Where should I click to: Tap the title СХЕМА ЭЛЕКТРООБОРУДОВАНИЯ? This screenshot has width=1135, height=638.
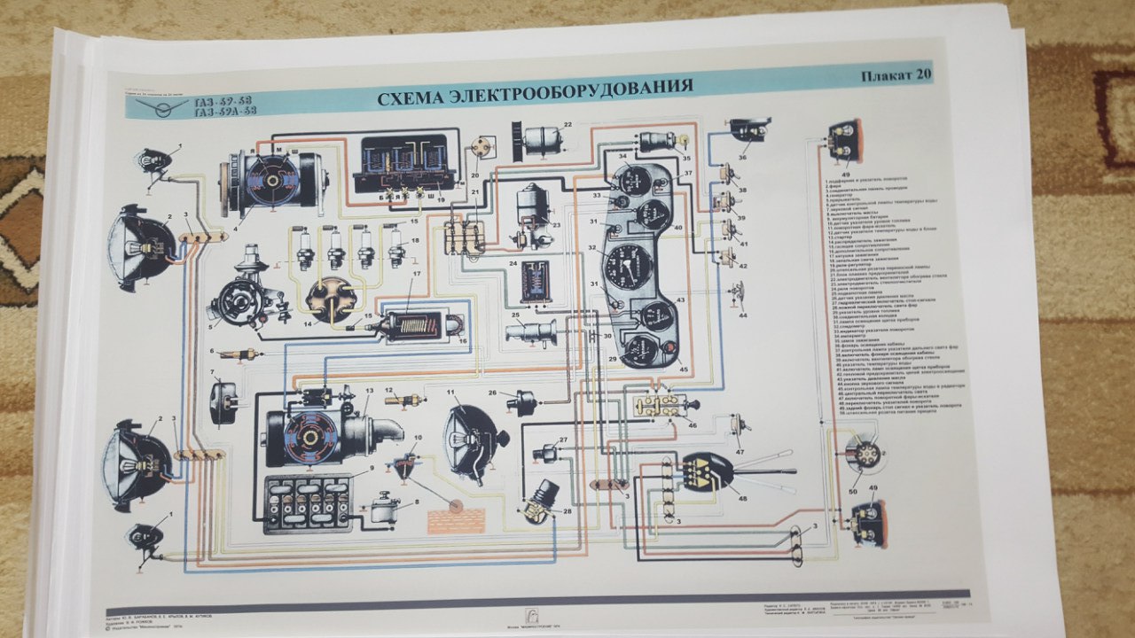pos(535,93)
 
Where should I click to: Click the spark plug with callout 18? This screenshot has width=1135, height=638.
pos(395,246)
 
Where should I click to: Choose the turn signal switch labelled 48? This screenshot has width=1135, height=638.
pos(708,470)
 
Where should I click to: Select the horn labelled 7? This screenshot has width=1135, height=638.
pos(223,403)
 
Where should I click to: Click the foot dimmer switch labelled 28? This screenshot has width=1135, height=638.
pos(542,501)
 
